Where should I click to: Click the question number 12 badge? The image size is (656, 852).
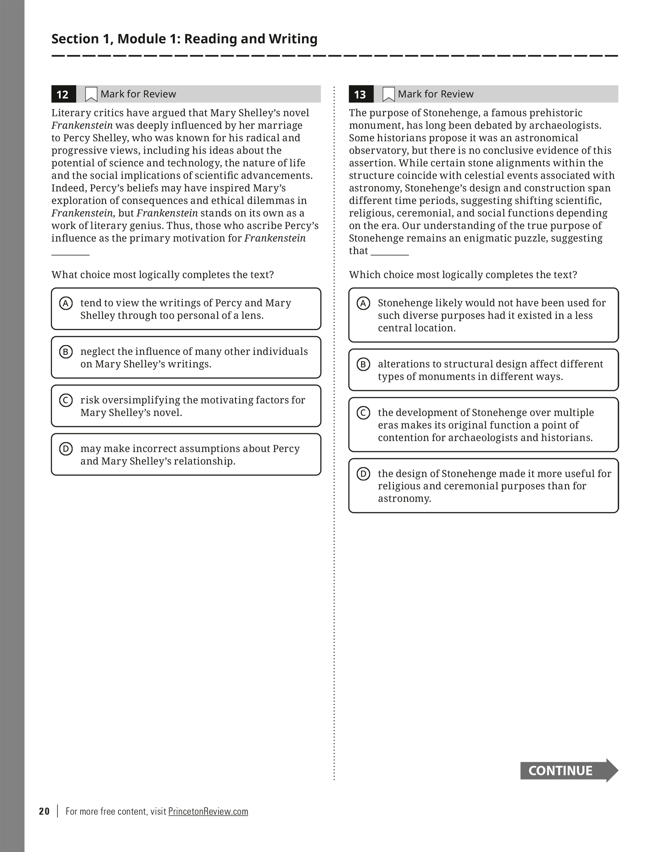click(x=63, y=94)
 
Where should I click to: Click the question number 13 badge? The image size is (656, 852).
click(x=360, y=94)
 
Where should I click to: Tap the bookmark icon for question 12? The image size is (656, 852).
click(x=91, y=94)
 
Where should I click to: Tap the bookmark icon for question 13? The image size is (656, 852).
click(x=388, y=94)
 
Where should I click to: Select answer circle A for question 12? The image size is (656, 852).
click(x=66, y=303)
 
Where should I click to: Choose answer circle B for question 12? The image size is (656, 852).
click(x=66, y=352)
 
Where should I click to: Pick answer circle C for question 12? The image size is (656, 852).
click(x=66, y=400)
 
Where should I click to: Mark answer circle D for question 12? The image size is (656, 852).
click(x=66, y=449)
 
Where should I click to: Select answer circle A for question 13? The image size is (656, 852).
click(x=363, y=303)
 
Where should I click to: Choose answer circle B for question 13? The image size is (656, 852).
click(x=363, y=365)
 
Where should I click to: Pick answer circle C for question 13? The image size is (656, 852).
click(x=363, y=413)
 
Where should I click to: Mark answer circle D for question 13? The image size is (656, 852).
click(x=363, y=474)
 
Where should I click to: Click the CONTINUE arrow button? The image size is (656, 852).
click(x=568, y=770)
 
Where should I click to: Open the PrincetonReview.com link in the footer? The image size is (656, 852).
click(x=208, y=812)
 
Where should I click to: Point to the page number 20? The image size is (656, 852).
click(x=44, y=812)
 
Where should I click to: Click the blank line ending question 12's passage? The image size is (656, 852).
click(x=70, y=254)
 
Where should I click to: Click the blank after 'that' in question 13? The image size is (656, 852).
click(x=390, y=254)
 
